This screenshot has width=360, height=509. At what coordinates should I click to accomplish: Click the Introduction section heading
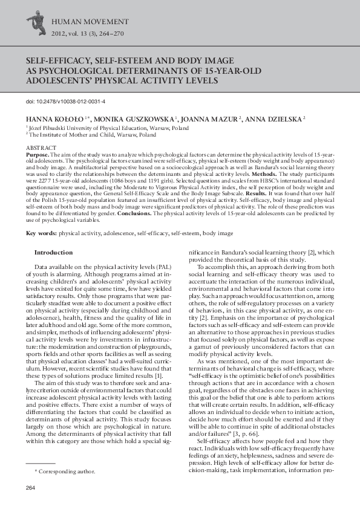point(53,253)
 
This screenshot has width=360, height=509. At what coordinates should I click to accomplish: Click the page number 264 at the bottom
point(31,488)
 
